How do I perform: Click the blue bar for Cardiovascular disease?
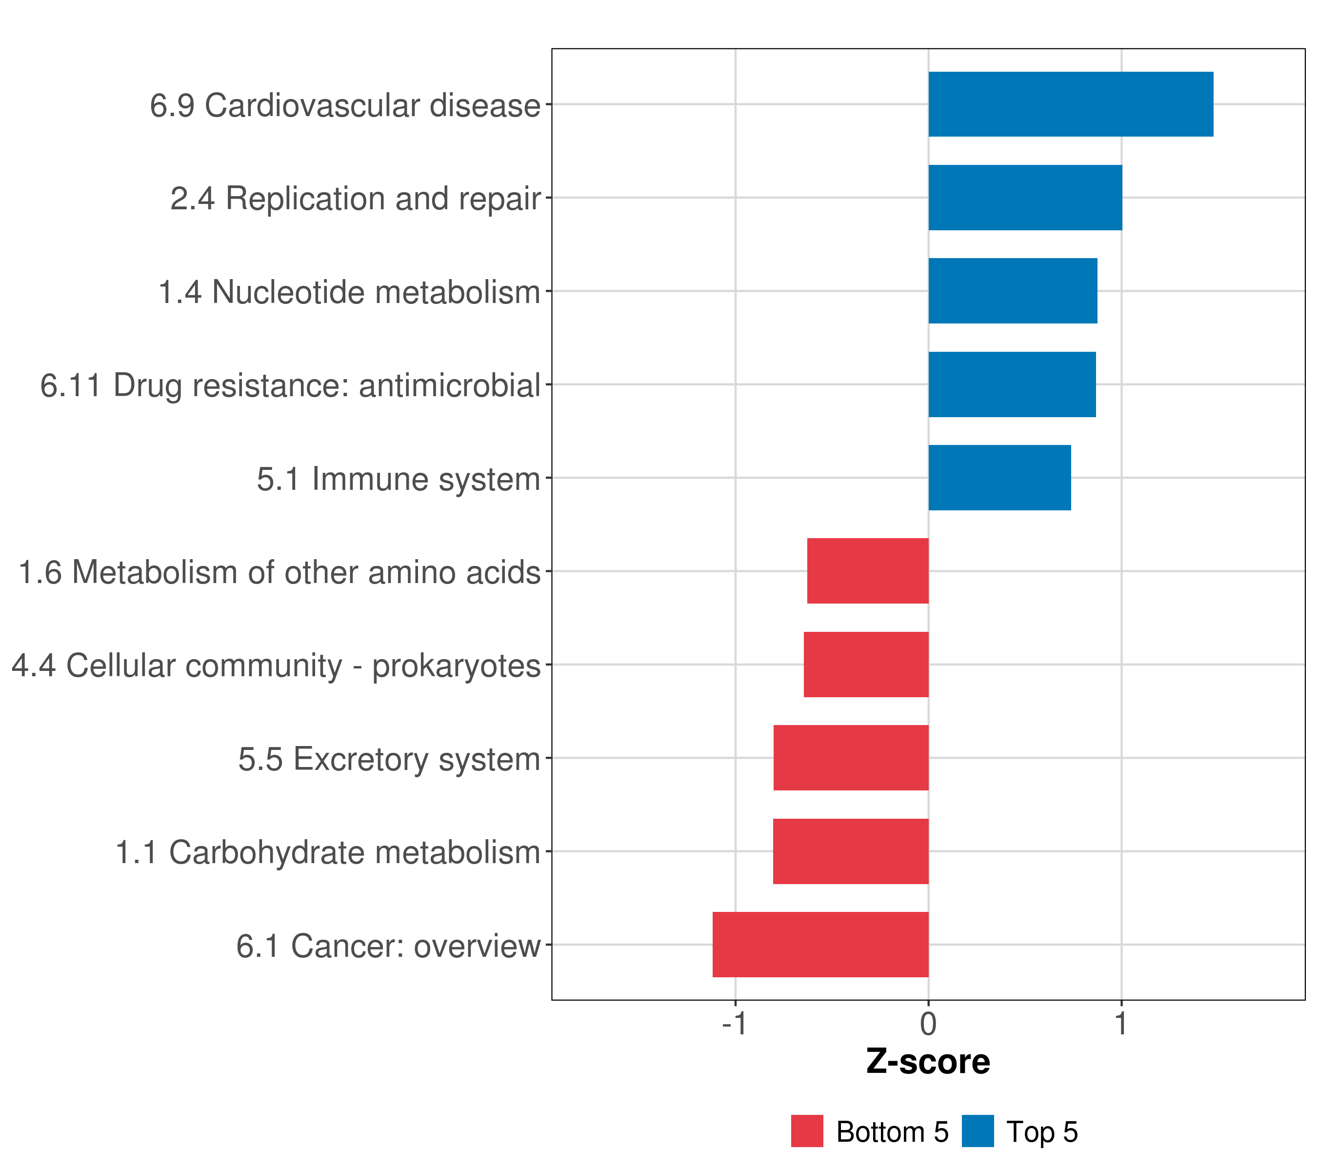pyautogui.click(x=1070, y=104)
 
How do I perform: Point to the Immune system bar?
pyautogui.click(x=999, y=478)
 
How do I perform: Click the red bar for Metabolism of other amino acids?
pyautogui.click(x=867, y=571)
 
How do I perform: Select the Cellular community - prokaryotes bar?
pyautogui.click(x=866, y=665)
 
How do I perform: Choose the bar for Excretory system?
pyautogui.click(x=851, y=758)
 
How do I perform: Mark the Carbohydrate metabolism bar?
pyautogui.click(x=851, y=851)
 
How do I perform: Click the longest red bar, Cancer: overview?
pyautogui.click(x=820, y=945)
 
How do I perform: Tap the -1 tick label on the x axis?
pyautogui.click(x=734, y=1024)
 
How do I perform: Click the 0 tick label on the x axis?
pyautogui.click(x=928, y=1024)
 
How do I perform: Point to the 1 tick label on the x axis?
pyautogui.click(x=1121, y=1024)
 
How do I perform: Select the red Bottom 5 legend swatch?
pyautogui.click(x=807, y=1131)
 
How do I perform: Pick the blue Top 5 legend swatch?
pyautogui.click(x=978, y=1131)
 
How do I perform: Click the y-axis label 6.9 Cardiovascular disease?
pyautogui.click(x=345, y=106)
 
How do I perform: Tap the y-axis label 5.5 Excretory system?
pyautogui.click(x=389, y=759)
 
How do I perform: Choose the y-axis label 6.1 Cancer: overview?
pyautogui.click(x=388, y=946)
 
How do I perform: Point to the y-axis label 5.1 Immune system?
pyautogui.click(x=398, y=480)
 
